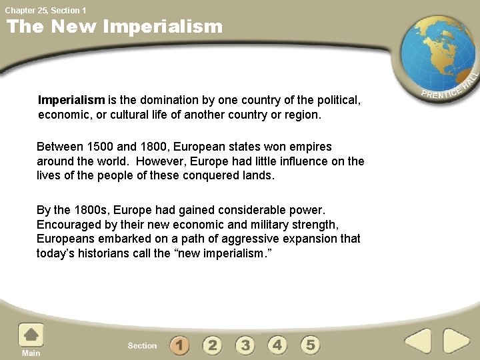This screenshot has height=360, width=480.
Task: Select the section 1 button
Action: pos(179,345)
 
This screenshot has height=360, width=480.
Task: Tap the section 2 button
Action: pos(212,345)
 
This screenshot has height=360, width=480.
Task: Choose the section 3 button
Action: pos(245,345)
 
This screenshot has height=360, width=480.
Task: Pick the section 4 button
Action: pos(277,345)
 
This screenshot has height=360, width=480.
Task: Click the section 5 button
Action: pos(310,345)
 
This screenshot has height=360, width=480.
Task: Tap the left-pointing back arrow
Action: pos(419,341)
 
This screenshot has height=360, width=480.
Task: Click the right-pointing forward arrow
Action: pos(457,341)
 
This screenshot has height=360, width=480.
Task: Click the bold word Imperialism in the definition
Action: pos(71,100)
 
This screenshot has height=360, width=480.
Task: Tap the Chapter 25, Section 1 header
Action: pos(45,10)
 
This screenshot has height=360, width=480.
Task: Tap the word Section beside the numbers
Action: pos(142,345)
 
